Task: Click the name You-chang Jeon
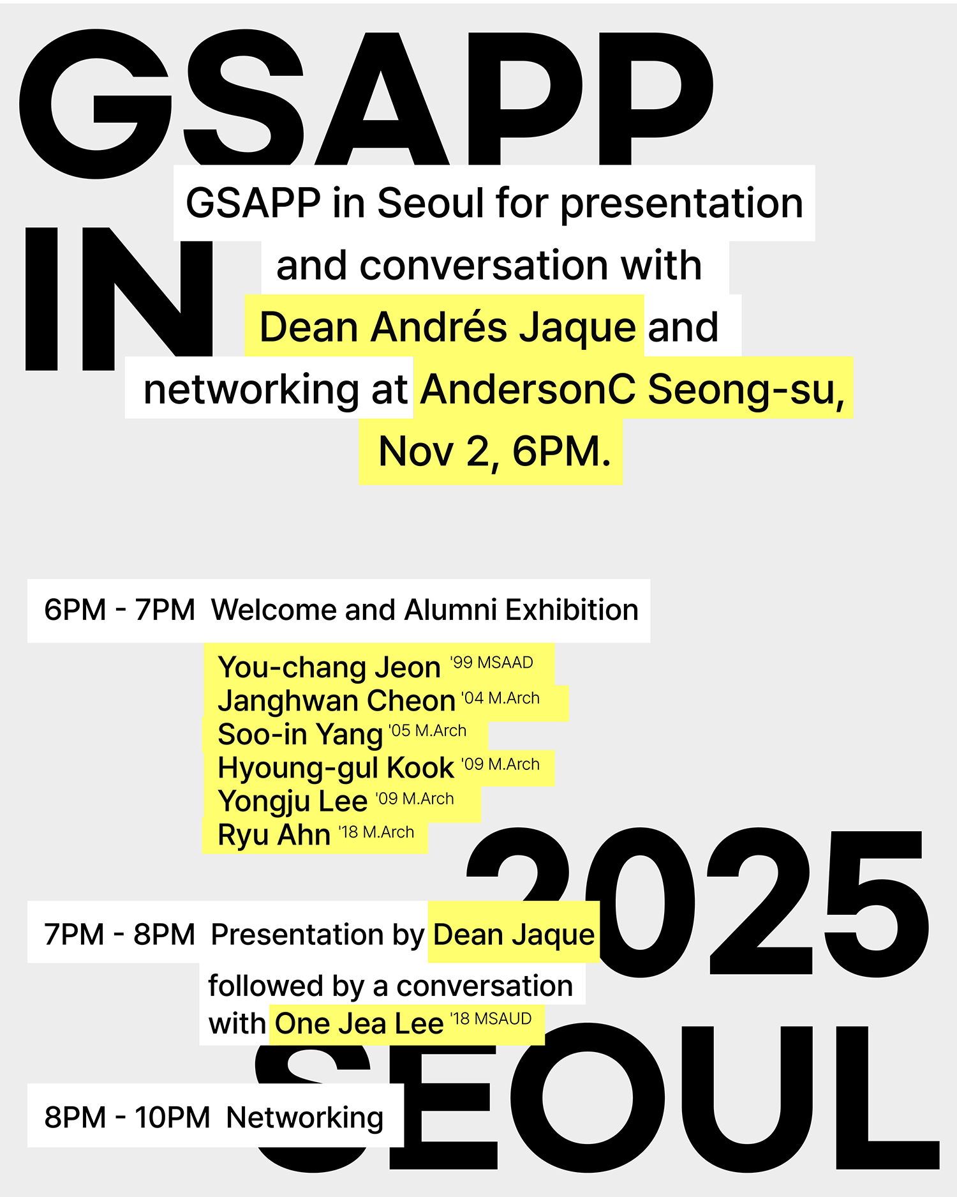tap(329, 667)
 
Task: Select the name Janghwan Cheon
tap(337, 701)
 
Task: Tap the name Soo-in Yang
tap(300, 735)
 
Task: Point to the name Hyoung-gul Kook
tap(336, 768)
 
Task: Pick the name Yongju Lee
tap(293, 802)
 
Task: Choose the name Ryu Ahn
tap(274, 835)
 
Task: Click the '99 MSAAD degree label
tap(491, 663)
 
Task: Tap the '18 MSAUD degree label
tap(491, 1019)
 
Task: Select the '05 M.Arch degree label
tap(427, 730)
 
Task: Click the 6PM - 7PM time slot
tap(119, 610)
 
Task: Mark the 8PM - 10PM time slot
tap(127, 1117)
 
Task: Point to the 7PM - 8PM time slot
tap(119, 935)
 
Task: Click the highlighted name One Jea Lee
tap(359, 1023)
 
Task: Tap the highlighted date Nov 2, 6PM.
tap(495, 451)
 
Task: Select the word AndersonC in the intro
tap(528, 389)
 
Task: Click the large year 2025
tap(697, 903)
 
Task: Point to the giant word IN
tap(119, 299)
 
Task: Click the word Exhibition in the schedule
tap(572, 610)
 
